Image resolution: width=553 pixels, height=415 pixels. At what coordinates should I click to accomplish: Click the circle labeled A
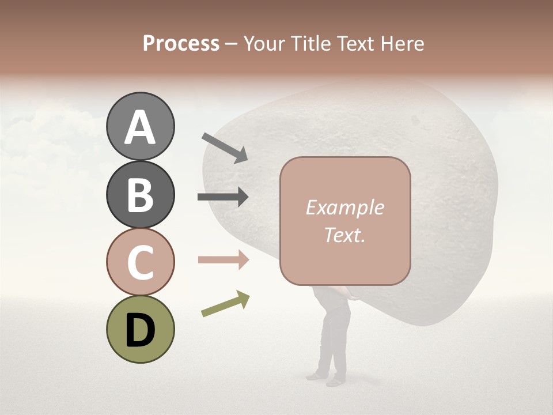[x=140, y=127]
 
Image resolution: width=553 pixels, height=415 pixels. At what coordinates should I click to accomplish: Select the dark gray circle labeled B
[x=140, y=194]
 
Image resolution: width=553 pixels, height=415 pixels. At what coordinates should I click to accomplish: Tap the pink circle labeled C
[x=140, y=262]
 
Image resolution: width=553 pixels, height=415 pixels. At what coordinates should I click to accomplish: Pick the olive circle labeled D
[x=140, y=329]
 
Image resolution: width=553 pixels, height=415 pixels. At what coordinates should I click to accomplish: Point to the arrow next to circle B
[x=223, y=197]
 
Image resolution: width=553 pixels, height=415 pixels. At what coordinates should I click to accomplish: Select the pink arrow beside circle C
[x=223, y=260]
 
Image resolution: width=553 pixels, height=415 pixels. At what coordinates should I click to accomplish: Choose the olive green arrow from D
[x=225, y=304]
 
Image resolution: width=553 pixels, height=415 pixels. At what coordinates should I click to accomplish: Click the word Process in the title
[x=181, y=43]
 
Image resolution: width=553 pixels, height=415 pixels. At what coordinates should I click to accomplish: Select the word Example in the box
[x=344, y=207]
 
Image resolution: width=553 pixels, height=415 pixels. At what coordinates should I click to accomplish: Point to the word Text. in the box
[x=344, y=235]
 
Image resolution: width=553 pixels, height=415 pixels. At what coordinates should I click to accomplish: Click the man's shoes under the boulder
[x=325, y=378]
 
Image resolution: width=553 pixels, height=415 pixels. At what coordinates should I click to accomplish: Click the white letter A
[x=140, y=127]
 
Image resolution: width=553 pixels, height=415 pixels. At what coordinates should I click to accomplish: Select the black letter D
[x=140, y=330]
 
